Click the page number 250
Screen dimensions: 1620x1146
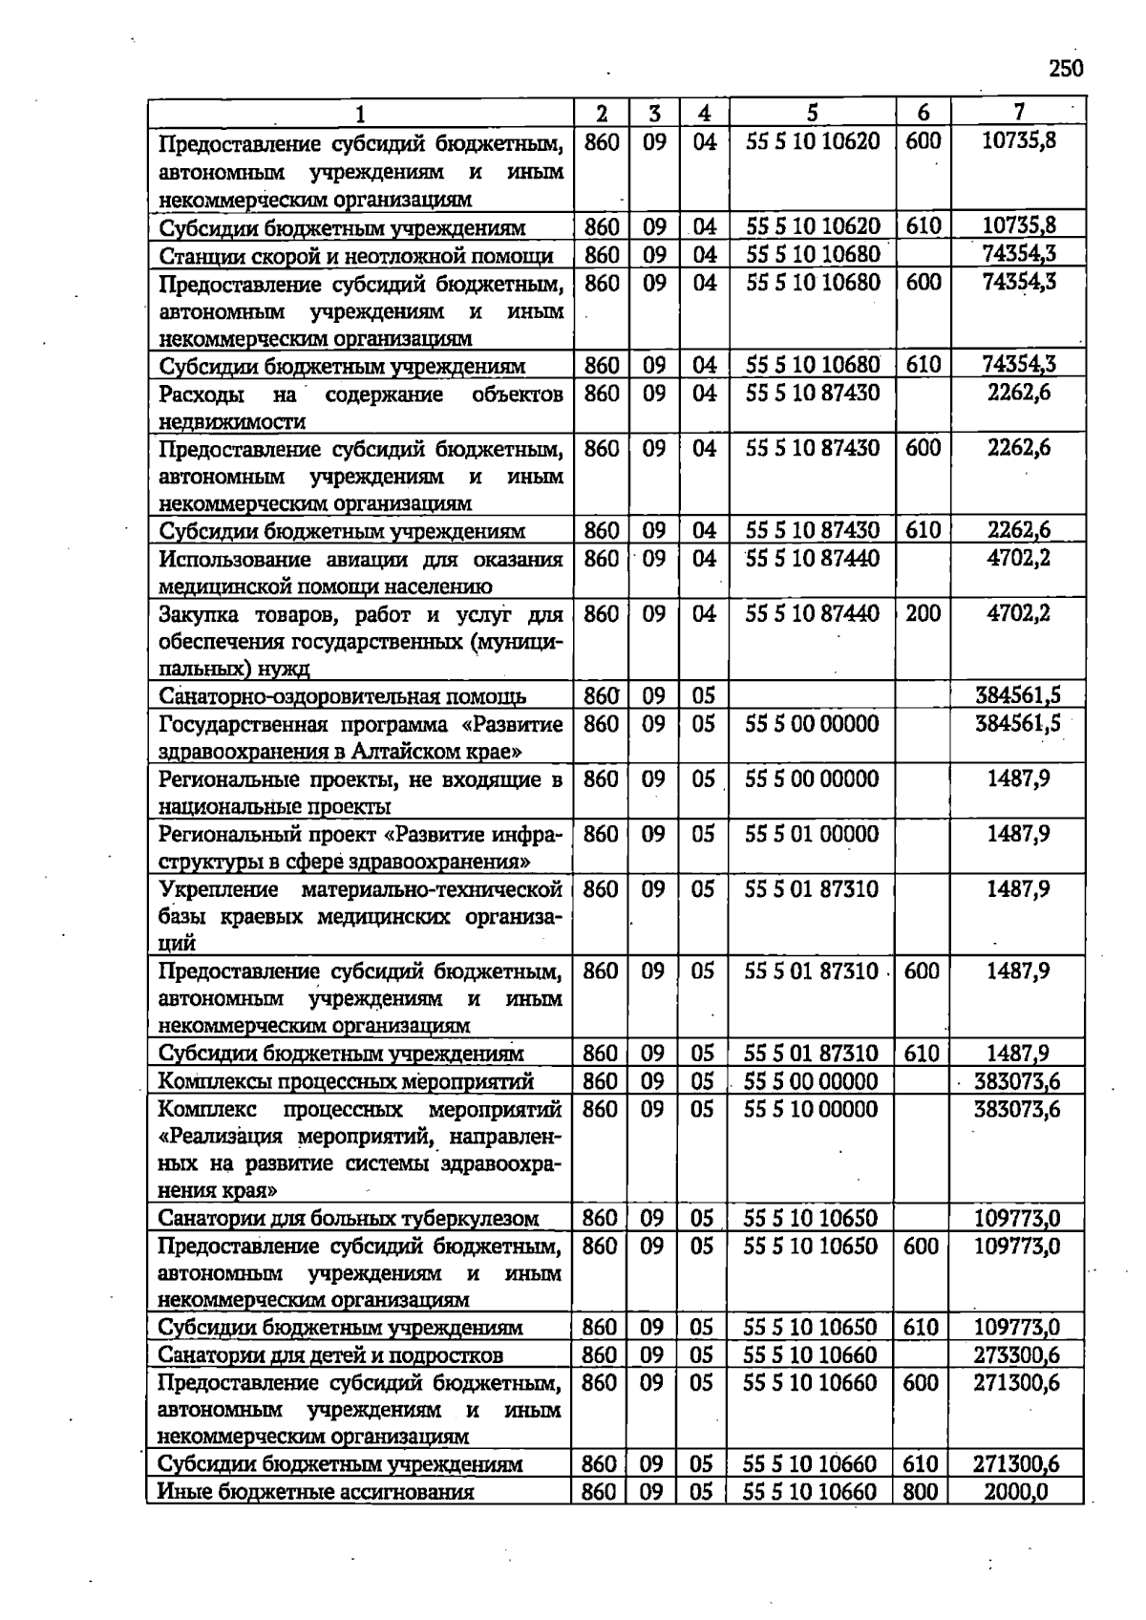click(x=1065, y=69)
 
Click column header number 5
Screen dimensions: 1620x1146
click(x=812, y=114)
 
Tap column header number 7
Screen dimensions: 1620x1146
click(x=1018, y=113)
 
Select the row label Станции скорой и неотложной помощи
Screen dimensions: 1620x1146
click(x=356, y=256)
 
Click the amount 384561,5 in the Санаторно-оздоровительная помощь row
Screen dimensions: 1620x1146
click(x=1017, y=695)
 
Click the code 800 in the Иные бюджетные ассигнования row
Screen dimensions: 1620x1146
click(x=920, y=1492)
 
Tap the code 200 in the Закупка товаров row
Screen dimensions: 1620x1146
click(x=923, y=613)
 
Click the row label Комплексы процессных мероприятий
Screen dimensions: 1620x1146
click(x=345, y=1082)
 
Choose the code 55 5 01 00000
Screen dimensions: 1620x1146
click(x=811, y=834)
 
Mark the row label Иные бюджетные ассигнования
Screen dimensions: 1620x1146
click(x=315, y=1492)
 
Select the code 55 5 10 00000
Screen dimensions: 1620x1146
click(x=810, y=1109)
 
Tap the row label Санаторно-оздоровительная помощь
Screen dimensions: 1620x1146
click(x=342, y=696)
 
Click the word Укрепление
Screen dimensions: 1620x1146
click(x=219, y=890)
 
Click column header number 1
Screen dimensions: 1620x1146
click(x=360, y=115)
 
